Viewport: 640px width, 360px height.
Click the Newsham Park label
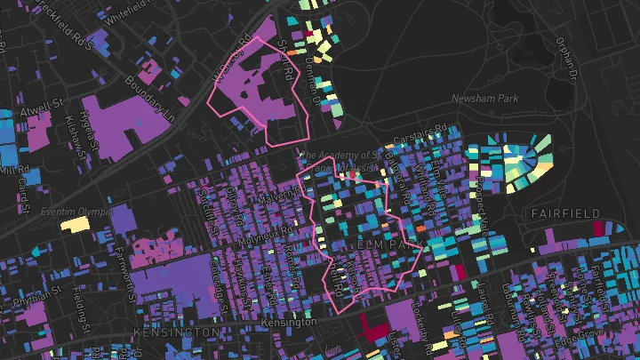(x=484, y=99)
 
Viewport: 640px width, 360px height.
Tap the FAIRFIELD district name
(x=565, y=214)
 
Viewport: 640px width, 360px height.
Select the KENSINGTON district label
(x=175, y=332)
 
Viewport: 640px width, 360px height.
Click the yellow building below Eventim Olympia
(x=76, y=224)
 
